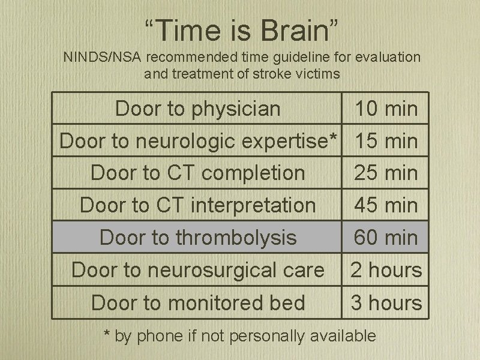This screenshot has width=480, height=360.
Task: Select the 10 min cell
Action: pos(386,109)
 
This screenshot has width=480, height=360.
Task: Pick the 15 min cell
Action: pos(386,141)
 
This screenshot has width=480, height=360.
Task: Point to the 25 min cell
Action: pos(386,173)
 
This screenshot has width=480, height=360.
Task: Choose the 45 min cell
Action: pos(386,205)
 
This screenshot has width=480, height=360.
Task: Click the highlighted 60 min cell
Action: pos(386,238)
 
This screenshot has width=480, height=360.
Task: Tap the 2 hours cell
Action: pos(386,270)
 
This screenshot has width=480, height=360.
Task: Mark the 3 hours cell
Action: pos(386,302)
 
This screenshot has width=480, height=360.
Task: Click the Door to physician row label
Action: pos(197,109)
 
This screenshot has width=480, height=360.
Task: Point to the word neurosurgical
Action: pos(236,270)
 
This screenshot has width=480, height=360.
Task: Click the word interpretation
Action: pos(253,205)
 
